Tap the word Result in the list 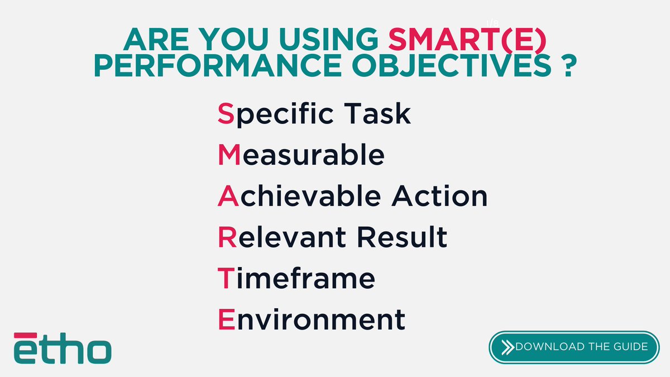pyautogui.click(x=403, y=237)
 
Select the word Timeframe pyautogui.click(x=296, y=279)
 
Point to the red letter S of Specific pyautogui.click(x=224, y=114)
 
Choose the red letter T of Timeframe pyautogui.click(x=224, y=279)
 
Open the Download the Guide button pyautogui.click(x=575, y=347)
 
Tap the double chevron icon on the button pyautogui.click(x=508, y=347)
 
